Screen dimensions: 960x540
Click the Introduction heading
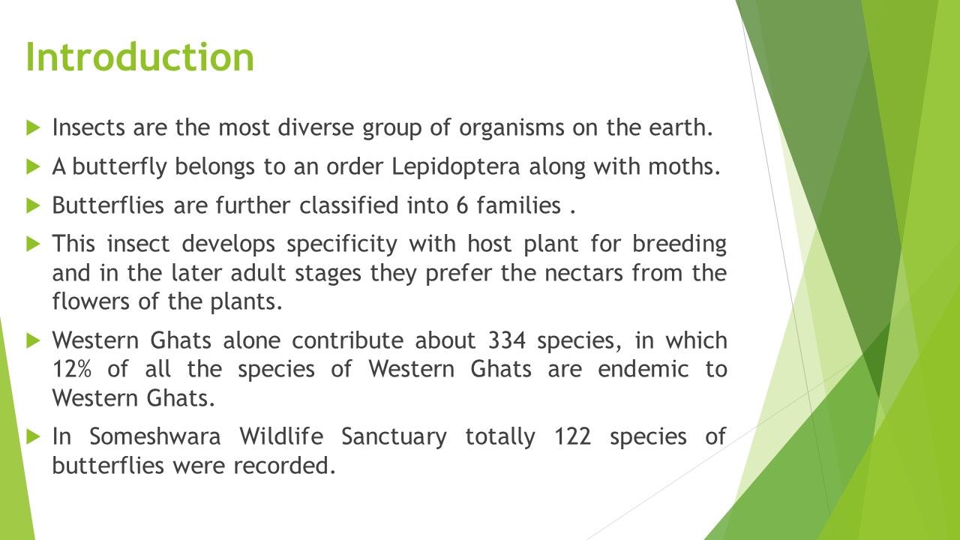click(x=140, y=57)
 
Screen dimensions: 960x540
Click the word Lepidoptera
click(x=456, y=167)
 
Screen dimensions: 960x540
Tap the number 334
click(x=506, y=340)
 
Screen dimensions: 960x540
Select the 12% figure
click(x=71, y=370)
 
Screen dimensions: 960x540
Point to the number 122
click(x=572, y=436)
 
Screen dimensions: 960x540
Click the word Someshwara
click(x=155, y=436)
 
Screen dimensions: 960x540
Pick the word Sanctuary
click(x=394, y=437)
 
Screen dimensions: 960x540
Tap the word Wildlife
click(x=281, y=436)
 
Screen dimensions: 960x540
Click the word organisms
click(x=511, y=128)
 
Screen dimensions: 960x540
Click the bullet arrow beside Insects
click(x=33, y=127)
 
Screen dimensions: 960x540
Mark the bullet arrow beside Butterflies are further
click(x=33, y=205)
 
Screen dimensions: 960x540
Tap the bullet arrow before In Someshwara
click(x=33, y=437)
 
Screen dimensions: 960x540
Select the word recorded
click(x=284, y=466)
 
